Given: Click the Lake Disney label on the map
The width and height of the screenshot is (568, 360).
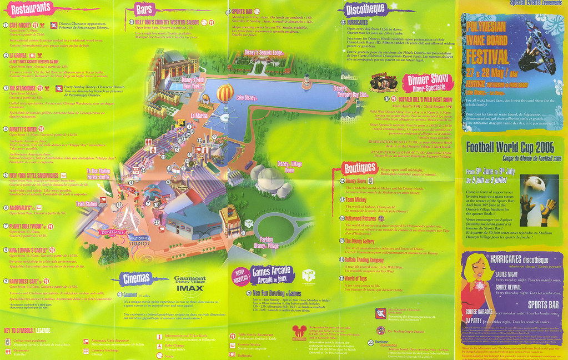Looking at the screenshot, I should point(247,98).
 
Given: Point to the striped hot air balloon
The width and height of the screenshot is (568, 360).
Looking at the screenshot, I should point(224,93).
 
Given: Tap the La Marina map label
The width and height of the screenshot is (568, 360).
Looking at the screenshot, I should point(200,116).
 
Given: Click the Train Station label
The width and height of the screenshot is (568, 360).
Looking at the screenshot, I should point(87,204).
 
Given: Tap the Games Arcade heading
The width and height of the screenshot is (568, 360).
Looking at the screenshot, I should point(270,272).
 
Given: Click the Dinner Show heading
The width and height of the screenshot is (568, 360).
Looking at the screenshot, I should point(428,81).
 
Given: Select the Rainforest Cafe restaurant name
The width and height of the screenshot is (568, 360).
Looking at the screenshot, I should point(28,281).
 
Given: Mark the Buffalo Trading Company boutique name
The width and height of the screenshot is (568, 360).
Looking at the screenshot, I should point(364,259).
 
